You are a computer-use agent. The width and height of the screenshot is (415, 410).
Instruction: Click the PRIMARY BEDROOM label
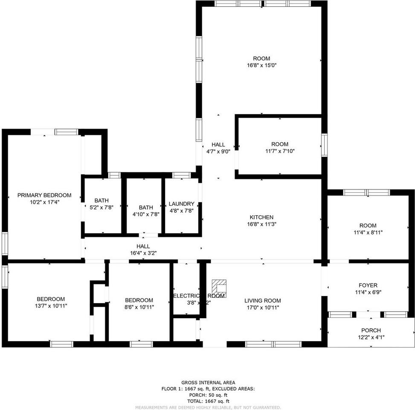(x=44, y=195)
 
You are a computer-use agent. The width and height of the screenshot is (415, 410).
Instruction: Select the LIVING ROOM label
(x=261, y=301)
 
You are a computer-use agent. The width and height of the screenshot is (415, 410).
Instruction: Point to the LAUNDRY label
(x=181, y=204)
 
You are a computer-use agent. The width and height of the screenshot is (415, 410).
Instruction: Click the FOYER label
(x=368, y=285)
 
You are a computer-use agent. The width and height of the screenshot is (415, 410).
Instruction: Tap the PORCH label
(x=371, y=330)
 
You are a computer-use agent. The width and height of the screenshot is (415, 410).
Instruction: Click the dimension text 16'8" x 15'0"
(x=261, y=65)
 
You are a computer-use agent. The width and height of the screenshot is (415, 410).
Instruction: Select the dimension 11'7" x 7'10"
(x=279, y=151)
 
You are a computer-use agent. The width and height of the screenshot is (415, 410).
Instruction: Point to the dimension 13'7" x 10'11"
(x=51, y=306)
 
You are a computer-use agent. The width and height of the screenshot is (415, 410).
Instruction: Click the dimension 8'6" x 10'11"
(x=139, y=307)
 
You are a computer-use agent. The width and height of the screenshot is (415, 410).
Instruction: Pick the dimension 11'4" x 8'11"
(x=368, y=232)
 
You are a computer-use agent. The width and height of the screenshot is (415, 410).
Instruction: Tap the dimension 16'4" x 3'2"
(x=143, y=253)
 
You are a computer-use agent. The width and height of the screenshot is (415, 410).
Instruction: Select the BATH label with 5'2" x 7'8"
(x=102, y=200)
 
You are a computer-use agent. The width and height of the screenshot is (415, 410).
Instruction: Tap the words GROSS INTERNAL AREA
(x=208, y=382)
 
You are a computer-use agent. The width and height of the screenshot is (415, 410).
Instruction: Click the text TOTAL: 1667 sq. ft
(x=208, y=401)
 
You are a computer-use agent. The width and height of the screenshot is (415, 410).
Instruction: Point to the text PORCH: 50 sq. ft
(x=208, y=395)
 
